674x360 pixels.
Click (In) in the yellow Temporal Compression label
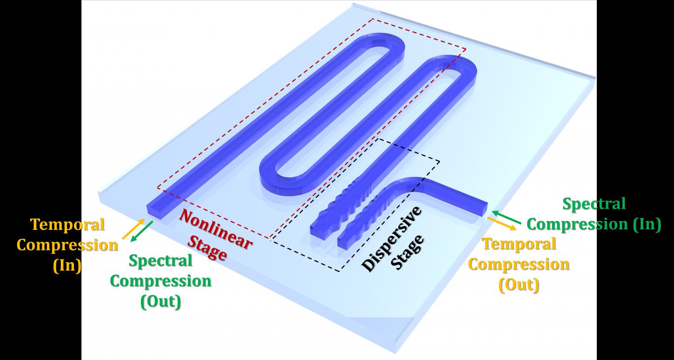(67, 265)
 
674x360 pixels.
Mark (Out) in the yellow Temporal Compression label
(519, 284)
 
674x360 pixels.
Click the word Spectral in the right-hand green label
(593, 204)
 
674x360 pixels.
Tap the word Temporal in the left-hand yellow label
(67, 225)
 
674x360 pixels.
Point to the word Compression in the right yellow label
(519, 264)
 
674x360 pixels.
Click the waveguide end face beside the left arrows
(155, 212)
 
